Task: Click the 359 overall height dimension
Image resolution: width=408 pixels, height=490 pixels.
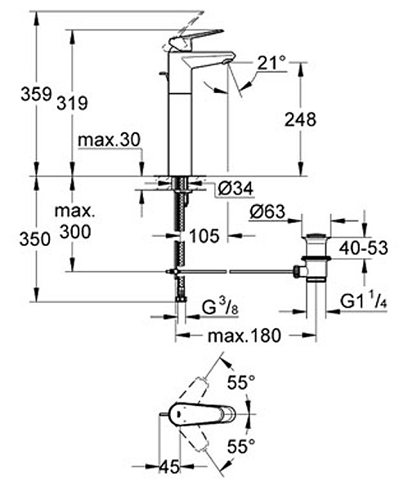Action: pyautogui.click(x=36, y=94)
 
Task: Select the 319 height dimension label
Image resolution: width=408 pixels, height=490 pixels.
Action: pyautogui.click(x=72, y=103)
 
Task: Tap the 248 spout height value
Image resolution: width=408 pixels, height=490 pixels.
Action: pyautogui.click(x=300, y=119)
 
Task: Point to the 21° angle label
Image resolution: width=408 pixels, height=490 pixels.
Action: pyautogui.click(x=271, y=63)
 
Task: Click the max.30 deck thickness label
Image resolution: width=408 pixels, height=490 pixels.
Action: pyautogui.click(x=109, y=140)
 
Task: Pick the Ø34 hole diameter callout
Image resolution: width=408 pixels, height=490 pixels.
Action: pyautogui.click(x=235, y=189)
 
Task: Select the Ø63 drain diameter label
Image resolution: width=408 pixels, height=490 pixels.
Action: pyautogui.click(x=267, y=212)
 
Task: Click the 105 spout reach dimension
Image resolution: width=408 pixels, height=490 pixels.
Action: pyautogui.click(x=204, y=236)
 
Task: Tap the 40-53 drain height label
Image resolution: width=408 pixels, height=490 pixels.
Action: pyautogui.click(x=364, y=248)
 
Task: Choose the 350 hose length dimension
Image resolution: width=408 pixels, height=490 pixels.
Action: pyautogui.click(x=34, y=239)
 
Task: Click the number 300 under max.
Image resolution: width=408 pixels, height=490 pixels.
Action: pyautogui.click(x=75, y=232)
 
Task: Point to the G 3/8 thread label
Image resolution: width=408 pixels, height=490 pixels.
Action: pyautogui.click(x=220, y=309)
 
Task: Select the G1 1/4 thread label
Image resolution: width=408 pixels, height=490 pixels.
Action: pyautogui.click(x=364, y=302)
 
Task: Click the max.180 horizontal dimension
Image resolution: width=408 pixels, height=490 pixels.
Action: pyautogui.click(x=244, y=336)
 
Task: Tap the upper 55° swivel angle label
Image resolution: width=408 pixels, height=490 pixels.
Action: pyautogui.click(x=241, y=382)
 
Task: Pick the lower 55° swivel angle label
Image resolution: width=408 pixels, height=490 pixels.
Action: pyautogui.click(x=241, y=446)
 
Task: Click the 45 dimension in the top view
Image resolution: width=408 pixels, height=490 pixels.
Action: pyautogui.click(x=170, y=467)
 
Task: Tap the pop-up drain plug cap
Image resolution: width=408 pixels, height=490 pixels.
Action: pyautogui.click(x=316, y=235)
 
